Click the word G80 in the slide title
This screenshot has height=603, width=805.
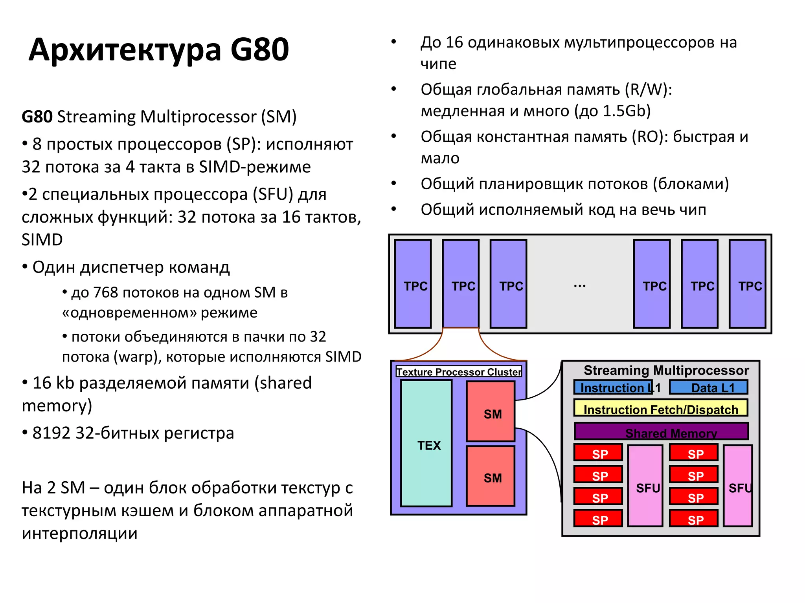pyautogui.click(x=259, y=50)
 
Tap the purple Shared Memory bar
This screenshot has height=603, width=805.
pyautogui.click(x=661, y=431)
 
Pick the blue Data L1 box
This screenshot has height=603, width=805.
pyautogui.click(x=708, y=387)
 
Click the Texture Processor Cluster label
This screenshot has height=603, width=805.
pyautogui.click(x=459, y=372)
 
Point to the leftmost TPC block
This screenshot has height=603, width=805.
pyautogui.click(x=413, y=284)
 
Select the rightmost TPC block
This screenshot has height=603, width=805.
pyautogui.click(x=747, y=284)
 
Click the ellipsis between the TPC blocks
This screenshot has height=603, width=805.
pyautogui.click(x=580, y=286)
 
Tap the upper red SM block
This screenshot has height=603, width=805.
pyautogui.click(x=491, y=411)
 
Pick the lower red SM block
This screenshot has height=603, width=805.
pyautogui.click(x=491, y=476)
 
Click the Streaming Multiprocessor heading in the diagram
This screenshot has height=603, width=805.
pyautogui.click(x=666, y=370)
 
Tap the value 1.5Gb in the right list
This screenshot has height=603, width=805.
pyautogui.click(x=627, y=111)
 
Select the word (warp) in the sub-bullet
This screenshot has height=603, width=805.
pyautogui.click(x=138, y=357)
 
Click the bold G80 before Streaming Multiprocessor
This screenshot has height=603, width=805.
pyautogui.click(x=37, y=117)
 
